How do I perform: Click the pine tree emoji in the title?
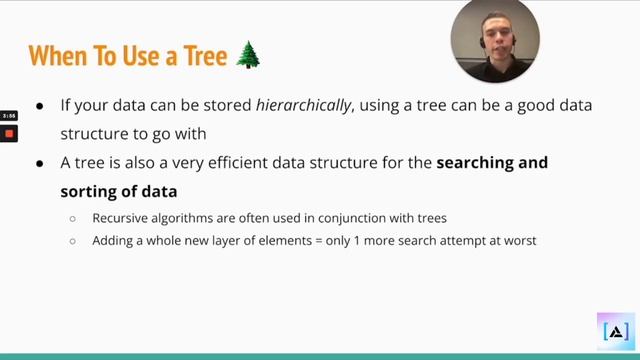(248, 55)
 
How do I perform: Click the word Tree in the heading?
(207, 56)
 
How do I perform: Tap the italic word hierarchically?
(304, 105)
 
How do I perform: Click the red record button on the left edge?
(9, 133)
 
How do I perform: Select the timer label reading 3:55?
(9, 116)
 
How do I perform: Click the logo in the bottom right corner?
(616, 331)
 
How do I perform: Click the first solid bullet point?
(40, 106)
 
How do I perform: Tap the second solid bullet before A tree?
(40, 163)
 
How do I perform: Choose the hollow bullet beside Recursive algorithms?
(73, 218)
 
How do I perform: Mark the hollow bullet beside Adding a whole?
(73, 241)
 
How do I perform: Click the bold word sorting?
(88, 190)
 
